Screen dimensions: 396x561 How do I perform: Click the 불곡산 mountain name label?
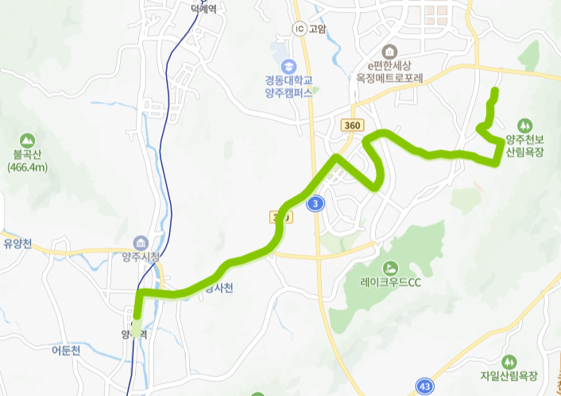pyautogui.click(x=27, y=155)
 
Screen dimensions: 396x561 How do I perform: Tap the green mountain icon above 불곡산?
pyautogui.click(x=28, y=139)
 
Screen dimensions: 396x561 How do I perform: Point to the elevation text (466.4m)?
pyautogui.click(x=28, y=167)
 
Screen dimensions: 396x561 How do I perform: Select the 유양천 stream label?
pyautogui.click(x=17, y=244)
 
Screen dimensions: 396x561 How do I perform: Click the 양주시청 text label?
pyautogui.click(x=141, y=256)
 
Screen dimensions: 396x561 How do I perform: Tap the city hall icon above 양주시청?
pyautogui.click(x=141, y=241)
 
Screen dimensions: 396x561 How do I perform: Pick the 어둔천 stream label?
pyautogui.click(x=66, y=350)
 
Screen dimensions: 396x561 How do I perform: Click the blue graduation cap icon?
pyautogui.click(x=288, y=65)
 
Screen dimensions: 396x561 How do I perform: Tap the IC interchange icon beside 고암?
pyautogui.click(x=299, y=29)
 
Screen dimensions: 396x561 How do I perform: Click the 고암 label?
pyautogui.click(x=317, y=29)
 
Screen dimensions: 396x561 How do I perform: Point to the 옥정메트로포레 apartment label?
pyautogui.click(x=390, y=78)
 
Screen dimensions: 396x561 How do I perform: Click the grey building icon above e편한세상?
pyautogui.click(x=388, y=50)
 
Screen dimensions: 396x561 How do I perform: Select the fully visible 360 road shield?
pyautogui.click(x=353, y=125)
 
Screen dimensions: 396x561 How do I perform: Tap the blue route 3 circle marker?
pyautogui.click(x=316, y=204)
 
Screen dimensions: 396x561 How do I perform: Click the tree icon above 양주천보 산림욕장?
pyautogui.click(x=524, y=125)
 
